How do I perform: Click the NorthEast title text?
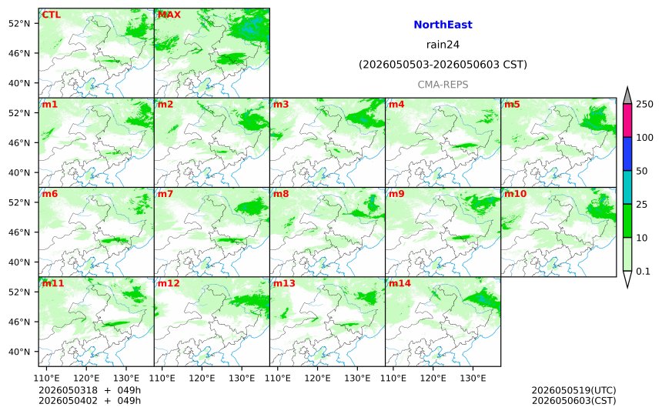[x=443, y=25]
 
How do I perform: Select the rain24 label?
[x=443, y=45]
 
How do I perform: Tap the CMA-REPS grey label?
[x=443, y=85]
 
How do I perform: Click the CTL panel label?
[x=51, y=15]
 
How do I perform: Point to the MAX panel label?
[x=169, y=15]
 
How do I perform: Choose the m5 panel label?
[x=512, y=104]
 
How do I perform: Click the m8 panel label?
[x=281, y=194]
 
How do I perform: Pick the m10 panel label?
[x=516, y=194]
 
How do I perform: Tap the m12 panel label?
[x=169, y=283]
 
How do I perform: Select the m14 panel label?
[x=400, y=283]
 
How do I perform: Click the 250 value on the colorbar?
[x=645, y=104]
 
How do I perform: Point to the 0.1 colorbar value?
[x=643, y=272]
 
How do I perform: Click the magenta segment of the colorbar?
[x=627, y=120]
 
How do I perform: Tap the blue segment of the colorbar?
[x=627, y=154]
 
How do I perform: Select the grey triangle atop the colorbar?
[x=627, y=95]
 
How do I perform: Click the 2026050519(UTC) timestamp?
[x=573, y=390]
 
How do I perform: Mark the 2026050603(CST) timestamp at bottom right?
[x=573, y=400]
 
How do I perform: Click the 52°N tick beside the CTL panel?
[x=19, y=23]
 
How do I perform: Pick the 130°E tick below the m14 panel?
[x=473, y=378]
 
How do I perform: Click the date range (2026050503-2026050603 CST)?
[x=443, y=65]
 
